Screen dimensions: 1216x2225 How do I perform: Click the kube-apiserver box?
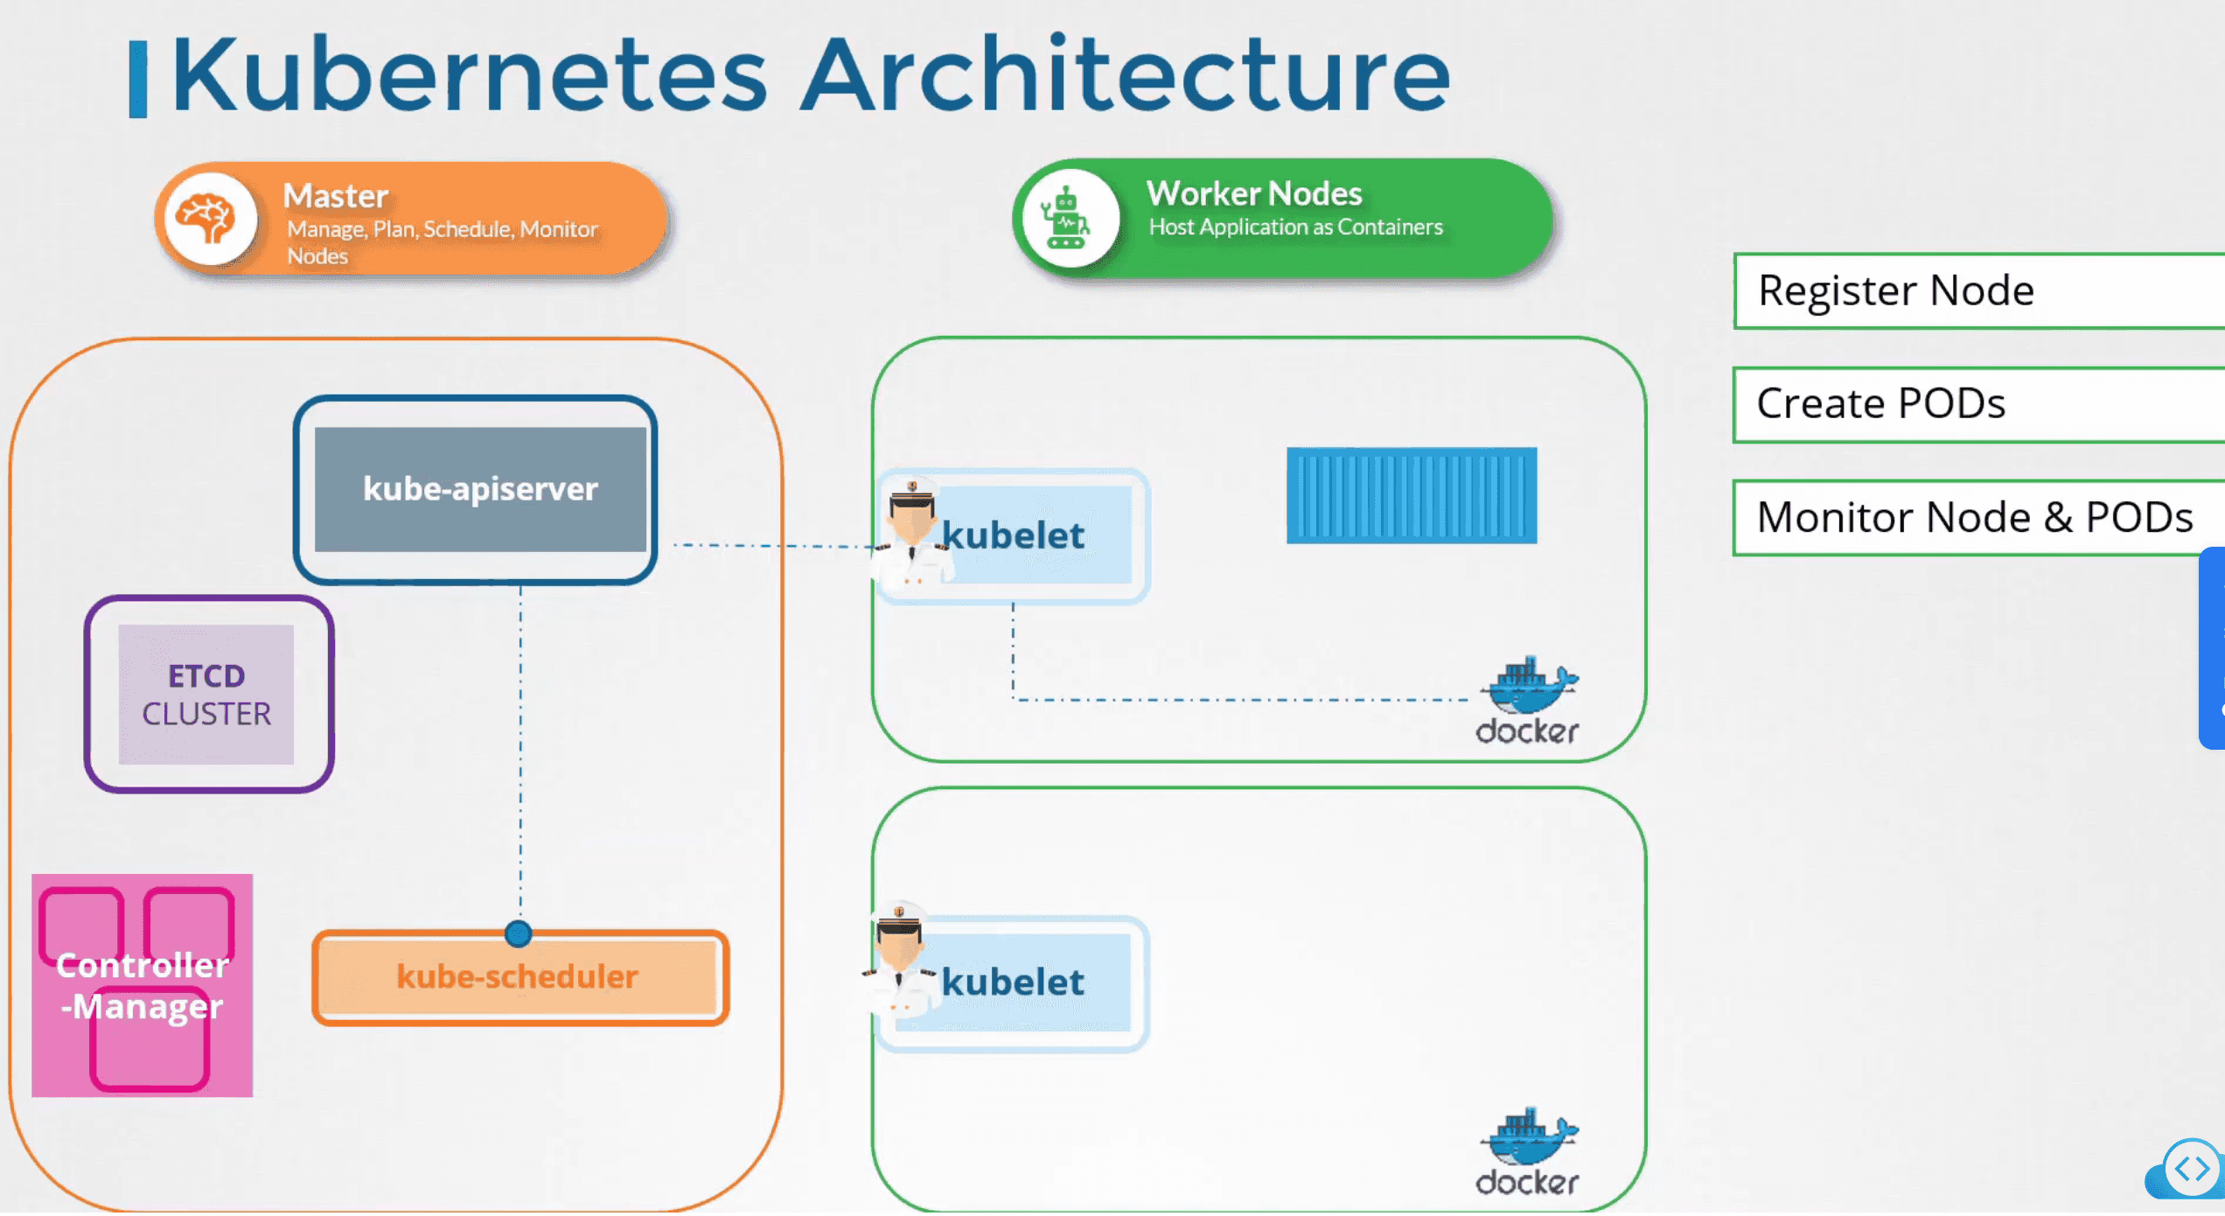click(479, 489)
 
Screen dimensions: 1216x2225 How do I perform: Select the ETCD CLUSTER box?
click(207, 695)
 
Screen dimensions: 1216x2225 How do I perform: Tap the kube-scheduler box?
click(519, 977)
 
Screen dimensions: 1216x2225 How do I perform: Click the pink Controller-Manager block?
click(143, 986)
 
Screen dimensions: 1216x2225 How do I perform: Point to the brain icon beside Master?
click(208, 219)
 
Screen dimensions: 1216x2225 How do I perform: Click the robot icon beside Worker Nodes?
click(1066, 218)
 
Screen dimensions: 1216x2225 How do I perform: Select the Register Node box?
click(1977, 290)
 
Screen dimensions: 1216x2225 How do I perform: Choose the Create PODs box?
click(1977, 404)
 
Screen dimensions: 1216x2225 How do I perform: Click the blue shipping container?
click(1411, 495)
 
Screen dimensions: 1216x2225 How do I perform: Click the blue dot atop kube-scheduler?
click(519, 934)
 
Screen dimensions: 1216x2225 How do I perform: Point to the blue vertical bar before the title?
click(138, 79)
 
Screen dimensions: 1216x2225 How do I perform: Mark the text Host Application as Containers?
click(1295, 227)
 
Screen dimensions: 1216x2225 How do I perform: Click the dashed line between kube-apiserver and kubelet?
click(770, 545)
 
